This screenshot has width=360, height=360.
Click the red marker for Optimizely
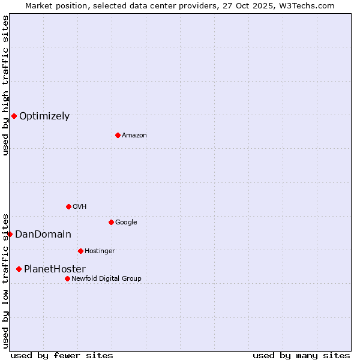14,116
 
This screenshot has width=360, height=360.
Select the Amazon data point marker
118,135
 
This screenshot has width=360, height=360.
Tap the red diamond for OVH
68,206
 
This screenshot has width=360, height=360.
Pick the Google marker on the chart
111,222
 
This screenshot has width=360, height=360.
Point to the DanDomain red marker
10,234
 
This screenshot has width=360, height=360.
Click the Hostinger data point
80,251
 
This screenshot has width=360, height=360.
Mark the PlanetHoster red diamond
19,269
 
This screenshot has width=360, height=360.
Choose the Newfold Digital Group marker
67,278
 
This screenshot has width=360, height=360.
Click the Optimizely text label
44,116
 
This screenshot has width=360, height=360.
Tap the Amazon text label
134,136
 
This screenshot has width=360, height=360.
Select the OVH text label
80,207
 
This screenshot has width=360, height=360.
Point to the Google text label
126,223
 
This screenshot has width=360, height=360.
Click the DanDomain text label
43,235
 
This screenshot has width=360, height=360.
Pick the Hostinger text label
100,251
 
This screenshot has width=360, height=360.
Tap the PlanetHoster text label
55,269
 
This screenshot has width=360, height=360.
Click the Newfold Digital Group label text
106,279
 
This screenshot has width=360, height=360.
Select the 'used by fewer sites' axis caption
62,355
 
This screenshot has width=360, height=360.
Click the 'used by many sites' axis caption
301,355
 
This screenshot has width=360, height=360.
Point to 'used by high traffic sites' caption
5,85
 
